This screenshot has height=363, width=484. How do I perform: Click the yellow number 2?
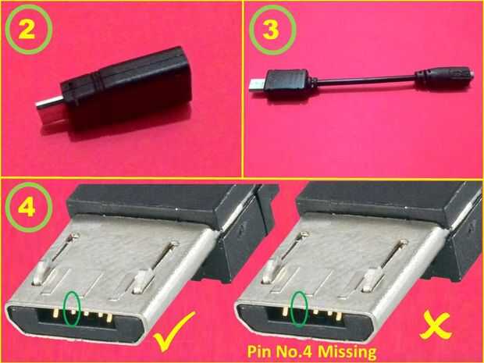click(27, 30)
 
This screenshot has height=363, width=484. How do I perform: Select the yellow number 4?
click(27, 208)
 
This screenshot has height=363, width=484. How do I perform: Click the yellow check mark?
click(174, 331)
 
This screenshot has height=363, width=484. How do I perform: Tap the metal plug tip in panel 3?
click(256, 85)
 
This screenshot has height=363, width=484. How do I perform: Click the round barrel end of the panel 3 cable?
click(444, 78)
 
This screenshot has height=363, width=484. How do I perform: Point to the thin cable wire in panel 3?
click(365, 80)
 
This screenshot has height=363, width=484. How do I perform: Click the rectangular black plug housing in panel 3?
click(288, 81)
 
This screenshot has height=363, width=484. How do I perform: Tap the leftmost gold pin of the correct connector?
click(55, 313)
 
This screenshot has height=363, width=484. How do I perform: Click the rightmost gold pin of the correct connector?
click(109, 318)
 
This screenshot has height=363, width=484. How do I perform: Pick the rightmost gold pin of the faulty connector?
click(339, 315)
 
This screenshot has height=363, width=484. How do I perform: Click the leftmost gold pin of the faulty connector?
click(285, 311)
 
